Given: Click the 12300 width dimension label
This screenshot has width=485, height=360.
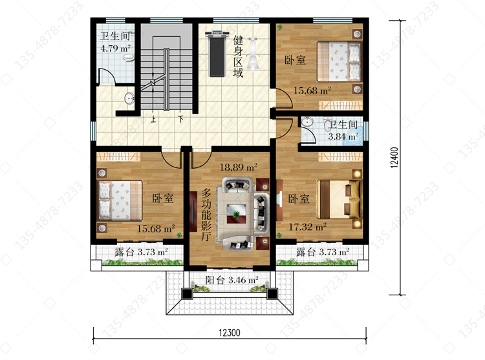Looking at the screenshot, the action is pos(230,333).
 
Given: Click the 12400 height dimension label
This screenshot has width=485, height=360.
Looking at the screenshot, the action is pos(394,158).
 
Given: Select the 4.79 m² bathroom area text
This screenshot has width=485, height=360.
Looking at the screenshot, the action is pos(116,48).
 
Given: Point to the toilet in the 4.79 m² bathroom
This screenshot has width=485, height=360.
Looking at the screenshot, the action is pos(129,57).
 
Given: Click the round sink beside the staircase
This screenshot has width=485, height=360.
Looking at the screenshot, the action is pos(129,99).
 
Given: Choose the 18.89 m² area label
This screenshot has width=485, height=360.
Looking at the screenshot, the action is pos(239,167).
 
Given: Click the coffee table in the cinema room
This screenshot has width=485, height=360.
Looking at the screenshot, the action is pos(236,214).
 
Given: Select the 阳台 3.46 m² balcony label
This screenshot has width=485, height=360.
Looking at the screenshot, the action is pos(232,281).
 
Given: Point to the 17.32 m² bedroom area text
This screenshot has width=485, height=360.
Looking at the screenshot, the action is pos(307,227).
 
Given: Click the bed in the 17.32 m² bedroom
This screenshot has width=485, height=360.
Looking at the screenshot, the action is pos(339,198).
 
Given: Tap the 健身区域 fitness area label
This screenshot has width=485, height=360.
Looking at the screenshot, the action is pos(238,56).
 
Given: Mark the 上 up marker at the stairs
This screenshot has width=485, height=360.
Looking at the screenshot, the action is pos(153,119).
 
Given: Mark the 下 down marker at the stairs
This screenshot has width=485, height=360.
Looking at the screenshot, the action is pos(181,119).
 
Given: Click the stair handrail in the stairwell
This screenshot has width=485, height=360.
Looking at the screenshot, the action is pos(166,79).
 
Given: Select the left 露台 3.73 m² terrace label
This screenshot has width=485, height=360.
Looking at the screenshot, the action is pos(141,252).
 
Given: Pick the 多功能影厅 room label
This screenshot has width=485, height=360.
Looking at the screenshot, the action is pos(206,215).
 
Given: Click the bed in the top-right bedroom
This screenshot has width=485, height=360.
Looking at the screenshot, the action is pos(339,62).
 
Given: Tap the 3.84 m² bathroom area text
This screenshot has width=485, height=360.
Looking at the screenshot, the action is pos(343,136).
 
